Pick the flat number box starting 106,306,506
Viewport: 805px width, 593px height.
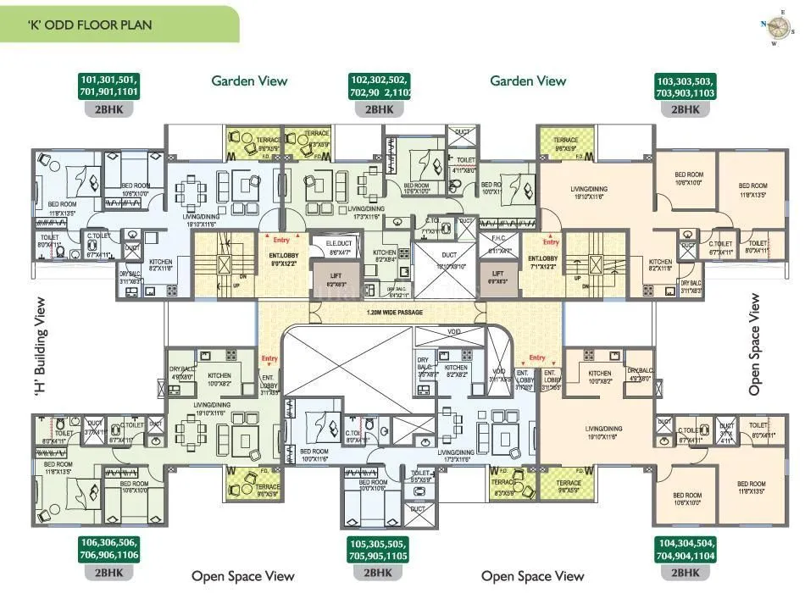(x=108, y=548)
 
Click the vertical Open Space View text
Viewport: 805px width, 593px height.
(x=754, y=345)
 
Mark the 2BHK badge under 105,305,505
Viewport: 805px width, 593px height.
(x=379, y=573)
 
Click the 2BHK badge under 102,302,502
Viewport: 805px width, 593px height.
(x=379, y=109)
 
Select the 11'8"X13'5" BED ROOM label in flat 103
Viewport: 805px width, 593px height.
(x=752, y=190)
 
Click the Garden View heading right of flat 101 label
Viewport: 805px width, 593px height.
(x=249, y=81)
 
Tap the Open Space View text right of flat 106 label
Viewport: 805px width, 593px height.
(x=242, y=576)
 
